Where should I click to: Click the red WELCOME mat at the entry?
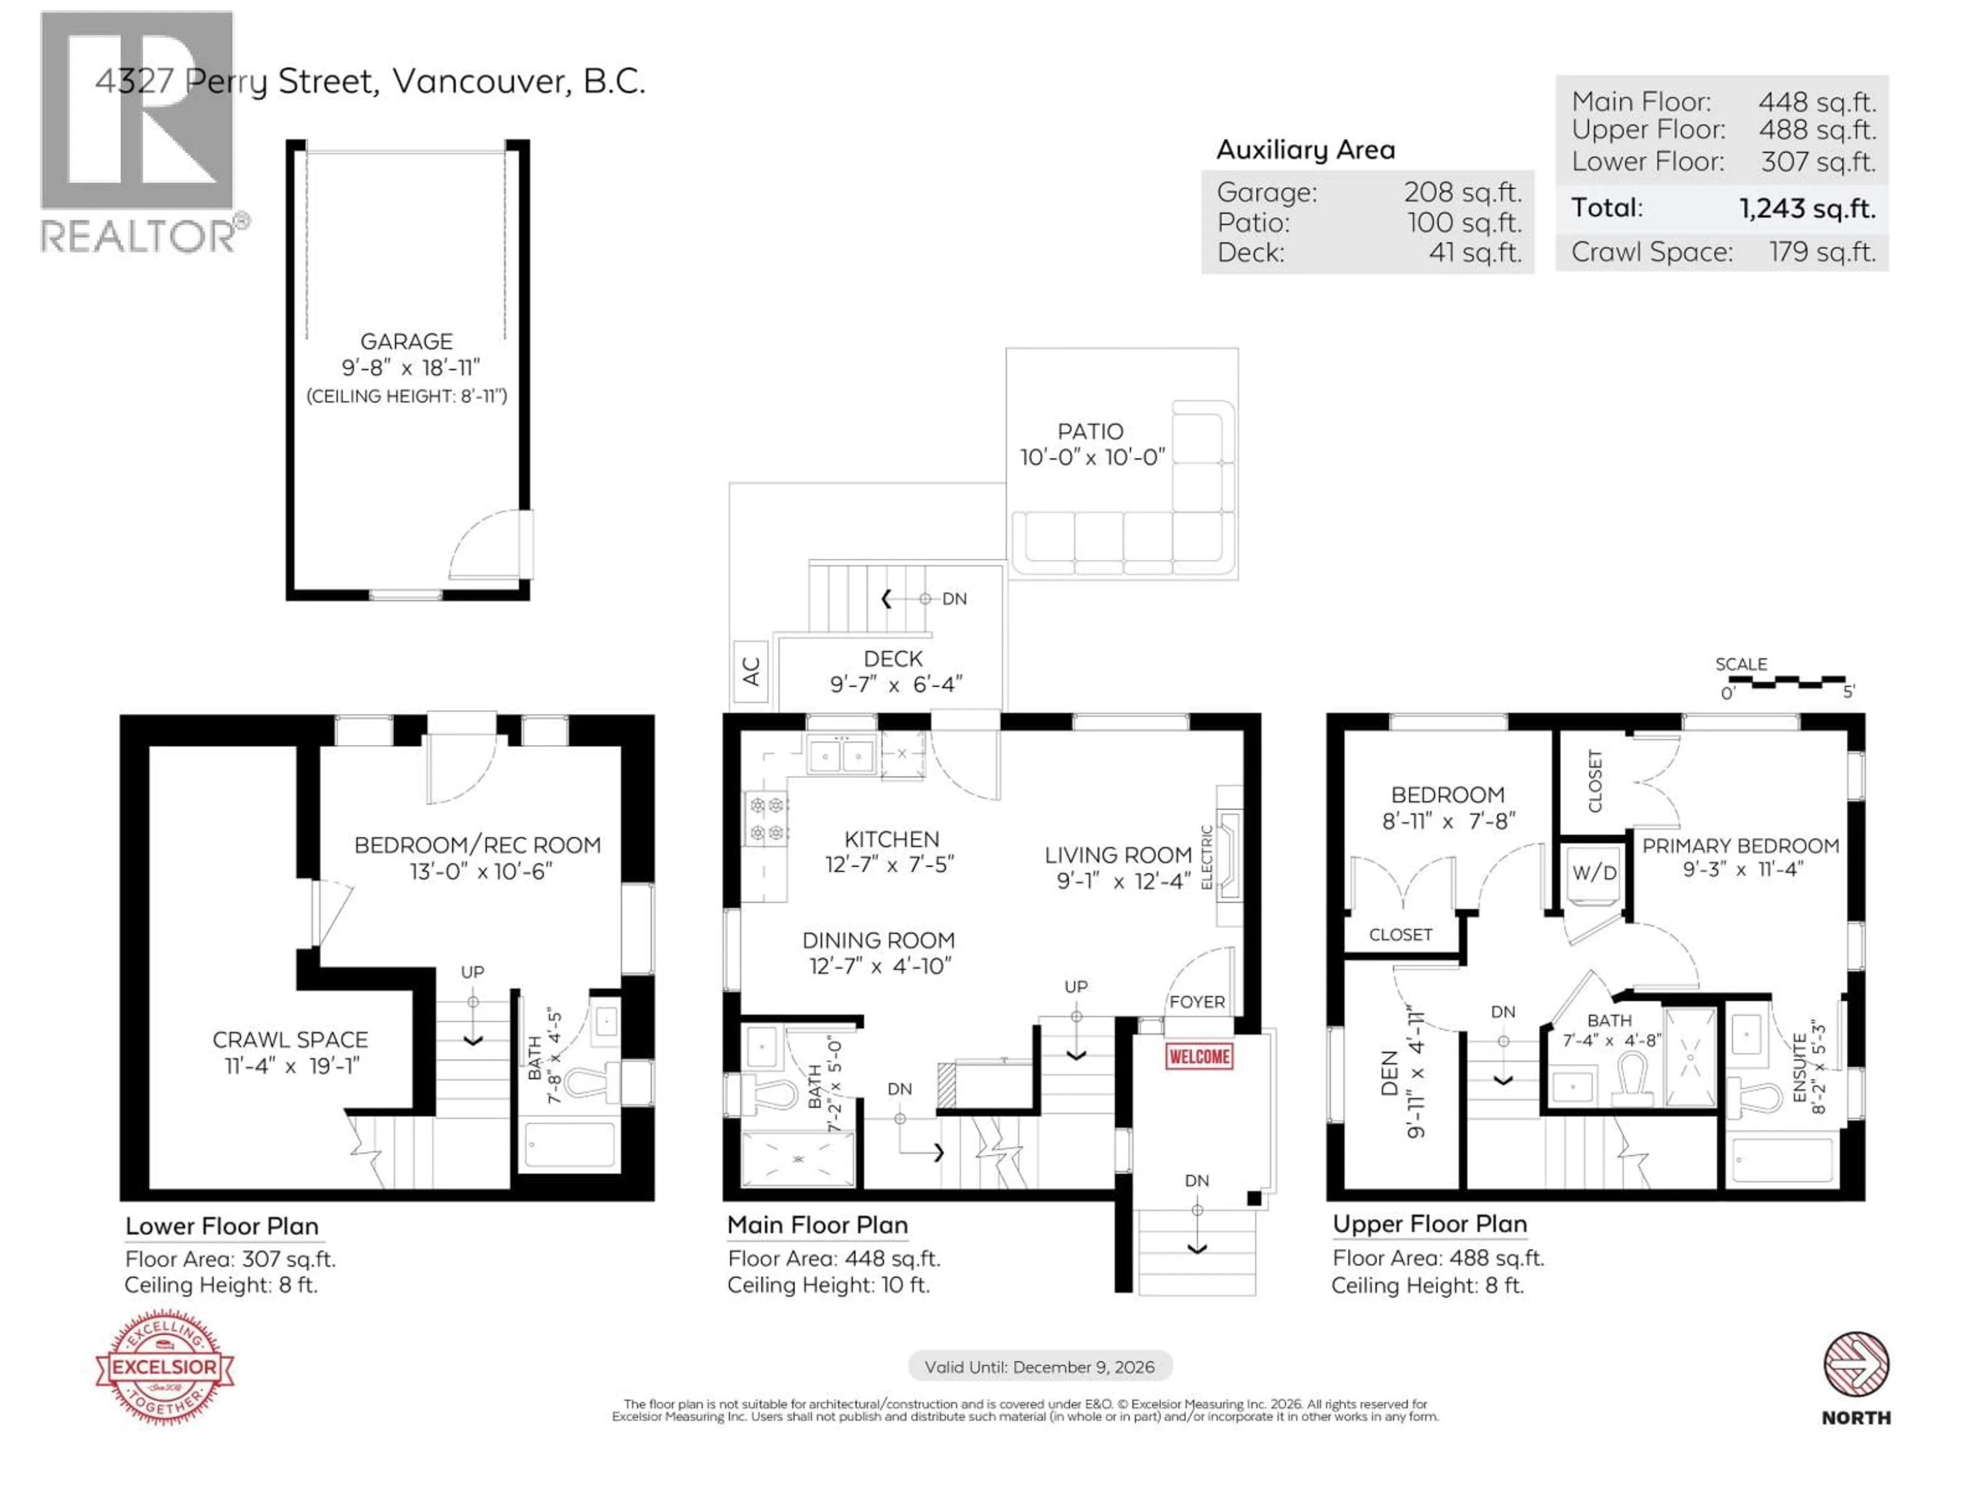point(1199,1056)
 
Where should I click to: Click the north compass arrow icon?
point(1856,1365)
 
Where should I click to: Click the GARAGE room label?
point(406,341)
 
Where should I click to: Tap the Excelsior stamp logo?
point(164,1367)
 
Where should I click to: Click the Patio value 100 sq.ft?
point(1464,223)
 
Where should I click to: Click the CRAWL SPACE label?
point(290,1039)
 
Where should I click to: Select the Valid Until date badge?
point(1040,1366)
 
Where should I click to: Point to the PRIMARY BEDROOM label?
point(1740,845)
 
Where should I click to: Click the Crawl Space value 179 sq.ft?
point(1822,252)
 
